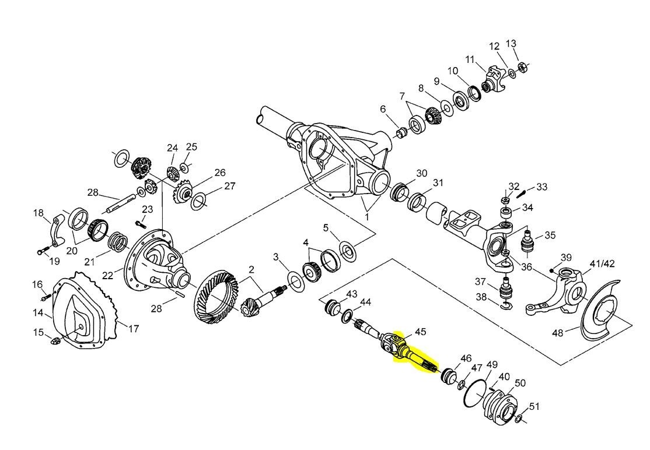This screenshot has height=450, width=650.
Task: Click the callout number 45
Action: [x=420, y=332]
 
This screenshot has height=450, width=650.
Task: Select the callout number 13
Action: [x=511, y=43]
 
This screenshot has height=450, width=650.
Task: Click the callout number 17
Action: [x=134, y=329]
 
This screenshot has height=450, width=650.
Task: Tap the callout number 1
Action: [x=366, y=216]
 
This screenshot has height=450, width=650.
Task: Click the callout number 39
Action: [x=566, y=257]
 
